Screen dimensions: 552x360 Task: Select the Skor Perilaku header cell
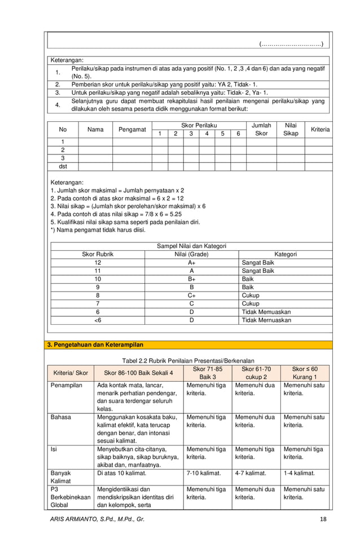tap(199, 125)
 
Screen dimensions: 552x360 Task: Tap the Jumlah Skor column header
tap(261, 129)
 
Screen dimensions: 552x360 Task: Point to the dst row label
tap(63, 166)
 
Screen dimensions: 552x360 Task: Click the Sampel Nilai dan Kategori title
tap(191, 246)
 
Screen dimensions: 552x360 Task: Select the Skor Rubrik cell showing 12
tap(98, 263)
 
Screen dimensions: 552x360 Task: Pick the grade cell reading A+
tap(191, 263)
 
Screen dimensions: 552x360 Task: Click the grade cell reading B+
tap(191, 279)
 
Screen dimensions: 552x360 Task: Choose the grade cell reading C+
tap(191, 295)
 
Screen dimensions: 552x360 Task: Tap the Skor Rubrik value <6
tap(98, 320)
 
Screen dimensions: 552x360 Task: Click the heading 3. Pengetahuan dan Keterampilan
tap(95, 345)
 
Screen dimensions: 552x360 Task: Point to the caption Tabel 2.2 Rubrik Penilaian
tap(188, 360)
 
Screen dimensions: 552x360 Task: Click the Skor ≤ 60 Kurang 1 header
tap(305, 373)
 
